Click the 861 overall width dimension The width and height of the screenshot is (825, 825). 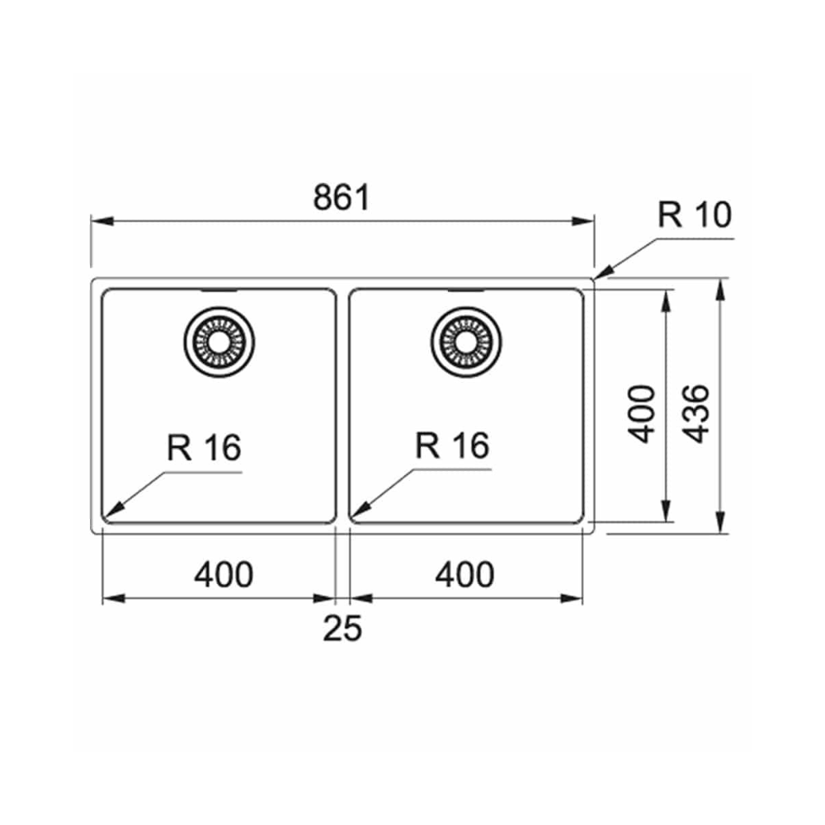click(x=342, y=197)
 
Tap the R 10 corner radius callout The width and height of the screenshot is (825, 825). click(x=695, y=214)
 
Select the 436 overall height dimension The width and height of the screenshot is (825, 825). click(x=698, y=413)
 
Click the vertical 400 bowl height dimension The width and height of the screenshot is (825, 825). click(x=643, y=414)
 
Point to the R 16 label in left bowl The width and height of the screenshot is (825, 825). click(x=204, y=448)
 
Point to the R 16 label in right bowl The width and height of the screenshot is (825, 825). click(x=452, y=445)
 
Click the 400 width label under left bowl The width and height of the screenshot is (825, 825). click(x=224, y=574)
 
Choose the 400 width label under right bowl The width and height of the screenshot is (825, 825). click(x=464, y=574)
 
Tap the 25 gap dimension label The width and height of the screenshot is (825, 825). click(x=342, y=628)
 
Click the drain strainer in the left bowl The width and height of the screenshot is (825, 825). click(x=219, y=342)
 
